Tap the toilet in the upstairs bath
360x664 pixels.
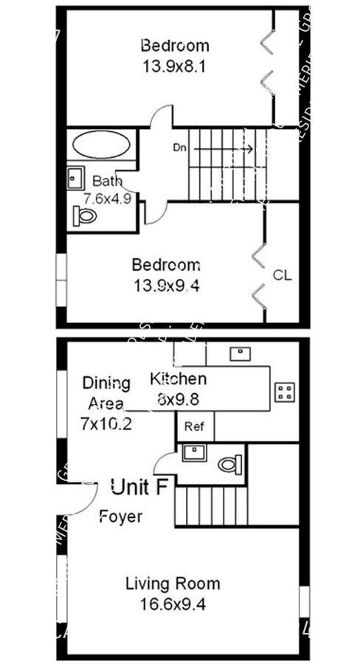pyautogui.click(x=86, y=216)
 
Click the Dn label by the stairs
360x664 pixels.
pyautogui.click(x=179, y=147)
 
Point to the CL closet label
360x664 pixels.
pyautogui.click(x=283, y=276)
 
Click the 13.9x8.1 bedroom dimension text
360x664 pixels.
pyautogui.click(x=175, y=66)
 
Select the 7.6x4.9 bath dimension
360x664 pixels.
pyautogui.click(x=107, y=198)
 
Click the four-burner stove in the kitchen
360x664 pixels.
pyautogui.click(x=285, y=392)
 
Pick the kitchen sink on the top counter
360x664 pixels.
pyautogui.click(x=240, y=353)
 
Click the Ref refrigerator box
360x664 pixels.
pyautogui.click(x=194, y=426)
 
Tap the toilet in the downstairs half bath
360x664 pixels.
pyautogui.click(x=229, y=464)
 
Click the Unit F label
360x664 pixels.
pyautogui.click(x=138, y=486)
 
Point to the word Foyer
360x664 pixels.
pyautogui.click(x=121, y=516)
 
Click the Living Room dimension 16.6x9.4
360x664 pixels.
pyautogui.click(x=172, y=604)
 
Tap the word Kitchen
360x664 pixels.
pyautogui.click(x=178, y=379)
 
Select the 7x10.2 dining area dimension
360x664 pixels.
pyautogui.click(x=106, y=424)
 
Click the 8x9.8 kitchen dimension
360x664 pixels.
pyautogui.click(x=178, y=398)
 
